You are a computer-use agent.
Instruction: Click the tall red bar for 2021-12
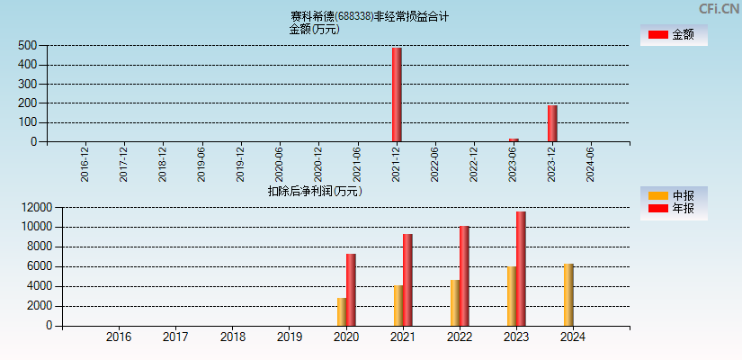tap(397, 94)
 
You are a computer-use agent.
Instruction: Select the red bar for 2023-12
tap(552, 123)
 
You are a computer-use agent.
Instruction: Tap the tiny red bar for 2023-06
tap(514, 139)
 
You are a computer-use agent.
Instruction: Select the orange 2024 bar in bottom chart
tap(568, 294)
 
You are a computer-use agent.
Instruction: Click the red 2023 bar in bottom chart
tap(521, 268)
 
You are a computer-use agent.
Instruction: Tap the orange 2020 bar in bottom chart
tap(342, 311)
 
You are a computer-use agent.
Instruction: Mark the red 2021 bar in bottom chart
tap(407, 280)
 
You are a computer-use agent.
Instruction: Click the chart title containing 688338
tap(369, 16)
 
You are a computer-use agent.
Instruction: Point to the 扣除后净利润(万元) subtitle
tap(314, 191)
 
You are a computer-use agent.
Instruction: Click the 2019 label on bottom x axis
tap(289, 337)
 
